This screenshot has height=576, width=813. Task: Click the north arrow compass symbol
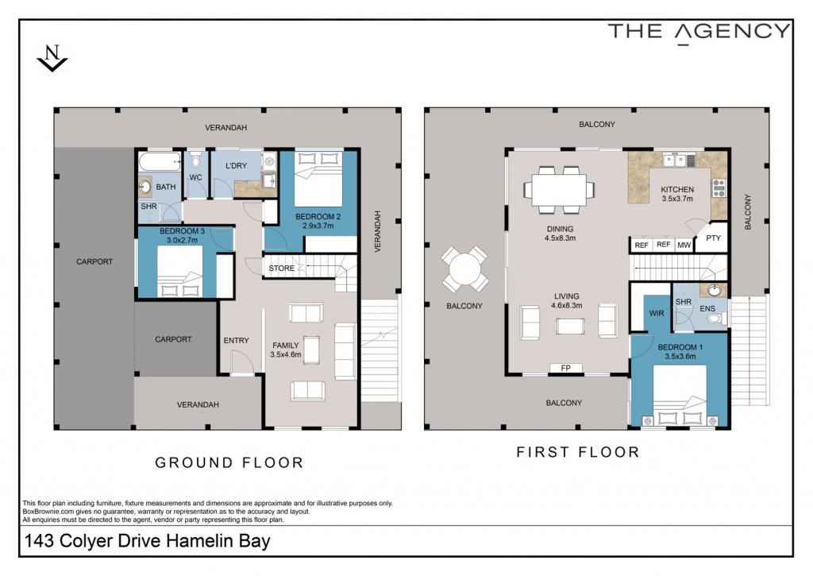[x=52, y=58]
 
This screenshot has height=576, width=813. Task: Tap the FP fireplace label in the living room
[x=565, y=368]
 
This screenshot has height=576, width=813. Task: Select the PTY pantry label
[x=714, y=238]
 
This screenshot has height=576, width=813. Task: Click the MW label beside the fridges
[x=684, y=245]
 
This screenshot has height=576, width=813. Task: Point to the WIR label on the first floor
[x=657, y=314]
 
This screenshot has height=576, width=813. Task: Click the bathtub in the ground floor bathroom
[x=160, y=161]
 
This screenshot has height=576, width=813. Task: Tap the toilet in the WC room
[x=195, y=160]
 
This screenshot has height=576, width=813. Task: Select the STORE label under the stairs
[x=282, y=269]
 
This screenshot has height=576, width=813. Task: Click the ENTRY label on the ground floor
[x=237, y=340]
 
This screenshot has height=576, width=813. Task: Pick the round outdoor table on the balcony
[x=465, y=269]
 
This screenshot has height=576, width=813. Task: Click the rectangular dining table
[x=558, y=189]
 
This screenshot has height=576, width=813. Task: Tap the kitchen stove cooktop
[x=719, y=187]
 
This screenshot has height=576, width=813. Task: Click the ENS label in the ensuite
[x=707, y=309]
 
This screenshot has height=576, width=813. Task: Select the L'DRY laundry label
[x=236, y=165]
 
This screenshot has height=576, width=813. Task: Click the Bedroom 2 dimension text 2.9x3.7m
[x=318, y=226]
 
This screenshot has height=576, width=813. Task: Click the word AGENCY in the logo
[x=733, y=32]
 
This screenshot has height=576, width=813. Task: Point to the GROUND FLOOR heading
[x=229, y=462]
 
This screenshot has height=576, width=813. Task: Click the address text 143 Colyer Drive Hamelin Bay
[x=148, y=541]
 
